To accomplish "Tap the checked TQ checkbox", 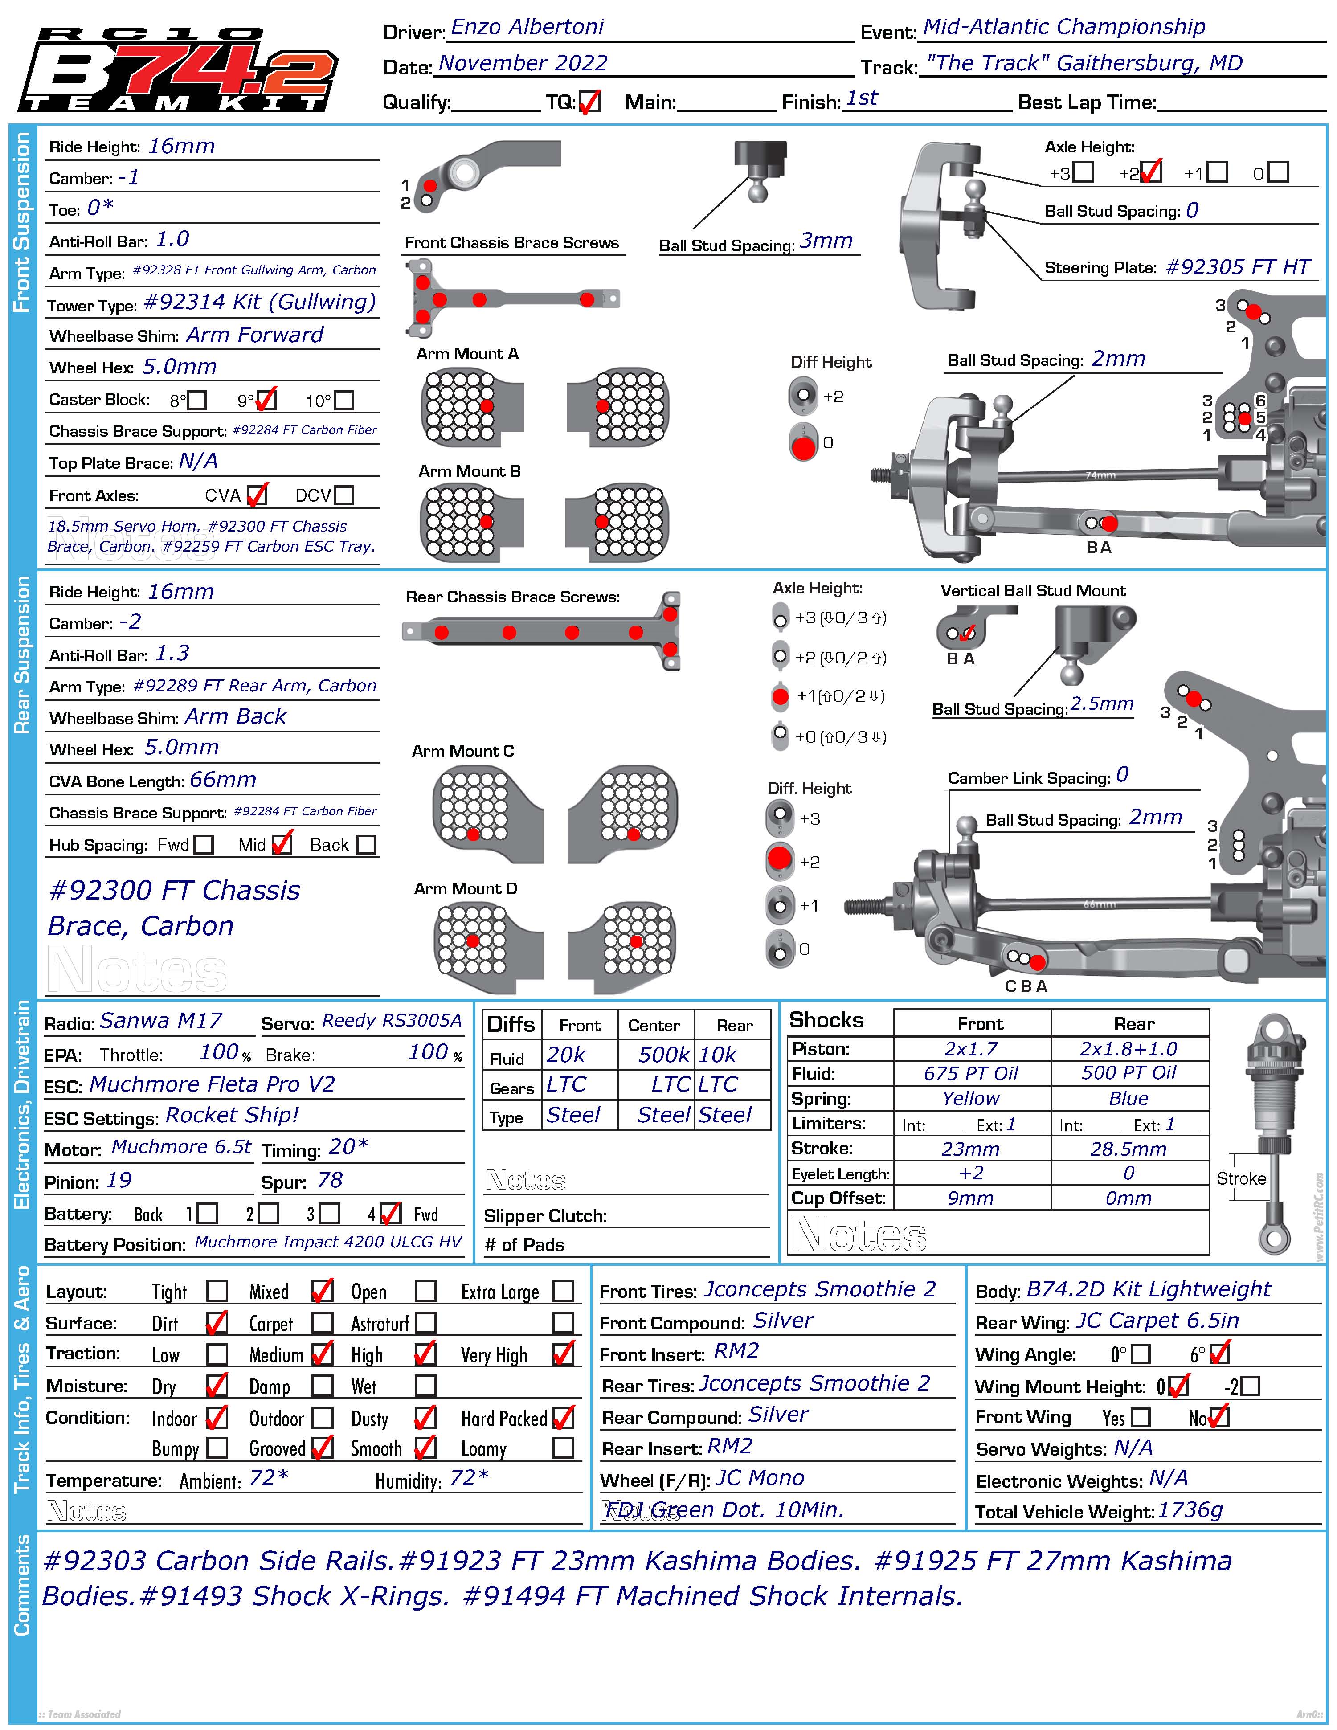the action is point(589,102).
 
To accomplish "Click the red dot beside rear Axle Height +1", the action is point(780,696).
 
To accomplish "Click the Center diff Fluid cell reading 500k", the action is point(664,1054).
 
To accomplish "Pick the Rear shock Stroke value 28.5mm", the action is point(1128,1149).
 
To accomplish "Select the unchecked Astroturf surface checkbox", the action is point(426,1323).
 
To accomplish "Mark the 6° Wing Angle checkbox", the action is point(1220,1354).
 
